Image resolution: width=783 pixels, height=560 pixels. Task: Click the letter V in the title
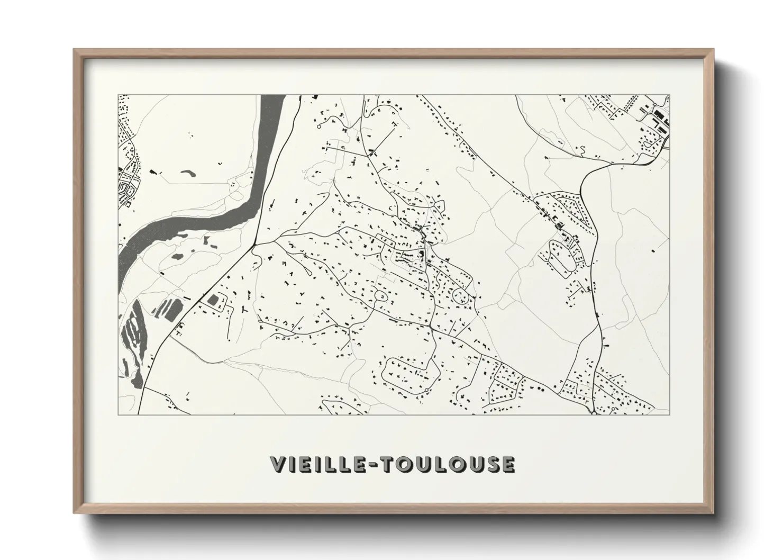[x=278, y=465]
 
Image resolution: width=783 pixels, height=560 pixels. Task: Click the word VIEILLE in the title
[x=317, y=465]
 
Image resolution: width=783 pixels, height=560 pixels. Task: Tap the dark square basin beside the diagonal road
[x=214, y=301]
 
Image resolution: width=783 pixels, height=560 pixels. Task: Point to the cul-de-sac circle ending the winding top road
[x=319, y=127]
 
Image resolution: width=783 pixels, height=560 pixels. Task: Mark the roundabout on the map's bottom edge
[x=595, y=413]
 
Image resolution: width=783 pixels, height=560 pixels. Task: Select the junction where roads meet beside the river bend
[x=254, y=245]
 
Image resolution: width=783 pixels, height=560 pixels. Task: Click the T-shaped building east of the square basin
[x=244, y=308]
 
